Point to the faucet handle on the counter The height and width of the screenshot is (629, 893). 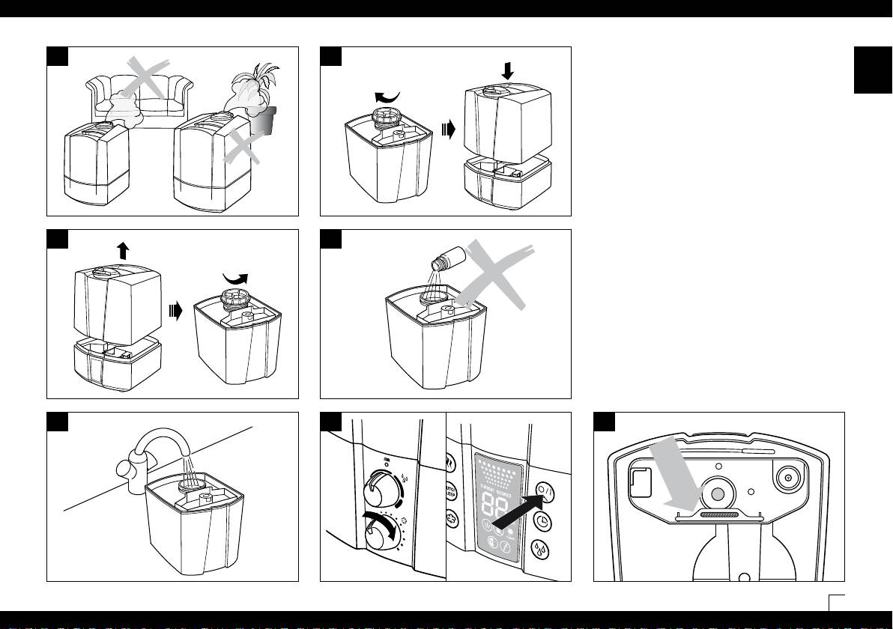127,472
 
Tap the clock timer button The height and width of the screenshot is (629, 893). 544,521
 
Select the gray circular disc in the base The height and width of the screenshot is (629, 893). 718,493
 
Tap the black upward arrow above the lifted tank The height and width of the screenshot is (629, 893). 123,250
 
